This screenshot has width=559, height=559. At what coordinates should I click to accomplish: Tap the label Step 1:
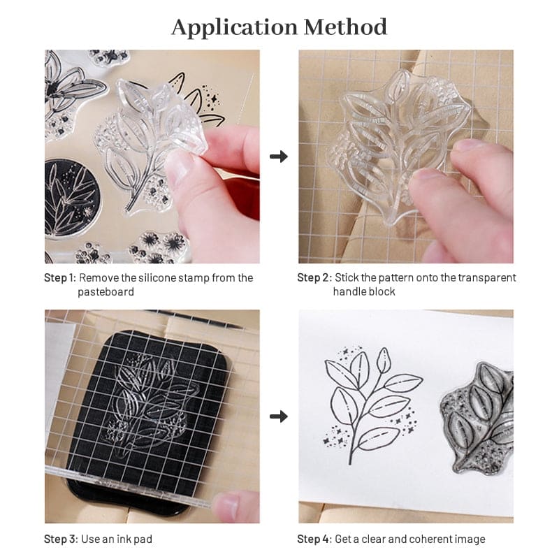click(59, 278)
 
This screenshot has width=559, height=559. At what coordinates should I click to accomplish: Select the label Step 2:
click(313, 278)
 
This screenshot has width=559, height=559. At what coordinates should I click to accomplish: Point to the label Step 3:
click(59, 539)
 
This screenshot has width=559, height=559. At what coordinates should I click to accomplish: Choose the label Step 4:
click(313, 539)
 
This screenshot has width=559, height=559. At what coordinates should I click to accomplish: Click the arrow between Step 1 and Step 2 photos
click(279, 157)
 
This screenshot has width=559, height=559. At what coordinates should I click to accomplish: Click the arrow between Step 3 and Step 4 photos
click(279, 416)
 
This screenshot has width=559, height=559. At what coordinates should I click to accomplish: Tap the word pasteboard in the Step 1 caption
click(106, 291)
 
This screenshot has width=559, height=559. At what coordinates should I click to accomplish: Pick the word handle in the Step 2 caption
click(350, 291)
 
